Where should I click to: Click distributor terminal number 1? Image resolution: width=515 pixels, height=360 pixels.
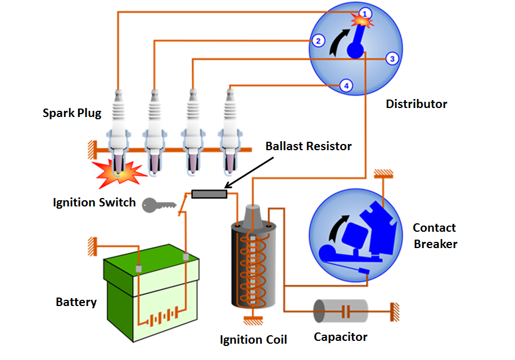pos(365,13)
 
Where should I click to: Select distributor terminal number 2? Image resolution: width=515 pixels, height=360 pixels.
pos(318,40)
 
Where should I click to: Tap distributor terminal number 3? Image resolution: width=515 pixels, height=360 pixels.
pos(392,58)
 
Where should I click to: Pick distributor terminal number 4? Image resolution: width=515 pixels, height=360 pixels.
pos(346,85)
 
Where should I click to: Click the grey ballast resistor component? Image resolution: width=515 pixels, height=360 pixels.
pos(209,194)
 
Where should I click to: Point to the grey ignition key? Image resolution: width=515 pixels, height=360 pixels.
pos(155,205)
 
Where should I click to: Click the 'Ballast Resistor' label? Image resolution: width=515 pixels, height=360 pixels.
pos(308,146)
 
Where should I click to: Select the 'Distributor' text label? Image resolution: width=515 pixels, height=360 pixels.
pos(417,104)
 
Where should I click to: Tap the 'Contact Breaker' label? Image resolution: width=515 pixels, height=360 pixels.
pos(435,236)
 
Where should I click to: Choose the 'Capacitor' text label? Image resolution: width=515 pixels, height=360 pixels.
pos(340,337)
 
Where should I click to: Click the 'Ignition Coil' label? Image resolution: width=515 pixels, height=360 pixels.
pos(253,340)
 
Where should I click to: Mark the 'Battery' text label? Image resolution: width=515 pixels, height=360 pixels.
pos(76,302)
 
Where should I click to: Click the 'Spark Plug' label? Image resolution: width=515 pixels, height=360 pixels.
pos(72,113)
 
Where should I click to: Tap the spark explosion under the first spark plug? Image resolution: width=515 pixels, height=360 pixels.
pos(120,174)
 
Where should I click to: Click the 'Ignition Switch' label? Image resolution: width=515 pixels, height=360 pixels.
pos(94,202)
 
